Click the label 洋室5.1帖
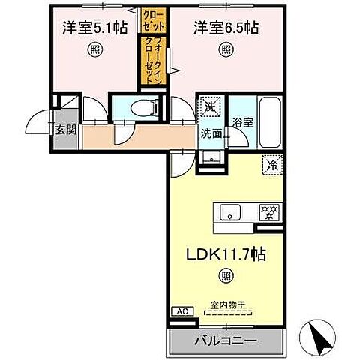coord(94,28)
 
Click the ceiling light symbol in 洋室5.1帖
coord(94,50)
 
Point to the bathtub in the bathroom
coord(270,122)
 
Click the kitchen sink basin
coord(229,211)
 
